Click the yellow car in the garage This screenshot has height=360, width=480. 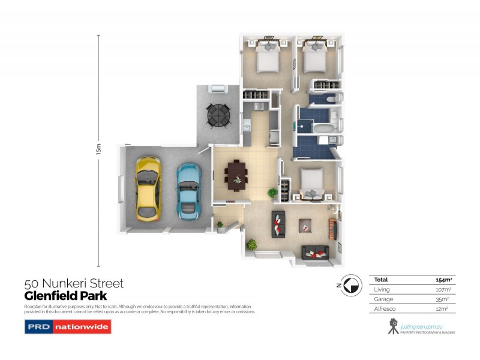[148, 187]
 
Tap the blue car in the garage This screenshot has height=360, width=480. [188, 189]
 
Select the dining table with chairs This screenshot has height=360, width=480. [236, 175]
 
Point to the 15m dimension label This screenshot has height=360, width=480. [98, 150]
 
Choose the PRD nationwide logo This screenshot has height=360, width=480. [67, 327]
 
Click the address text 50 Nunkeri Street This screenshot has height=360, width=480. [74, 284]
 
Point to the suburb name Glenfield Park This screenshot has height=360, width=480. [65, 295]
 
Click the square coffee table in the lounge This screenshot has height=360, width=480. [306, 226]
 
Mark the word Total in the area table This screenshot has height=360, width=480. [381, 280]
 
